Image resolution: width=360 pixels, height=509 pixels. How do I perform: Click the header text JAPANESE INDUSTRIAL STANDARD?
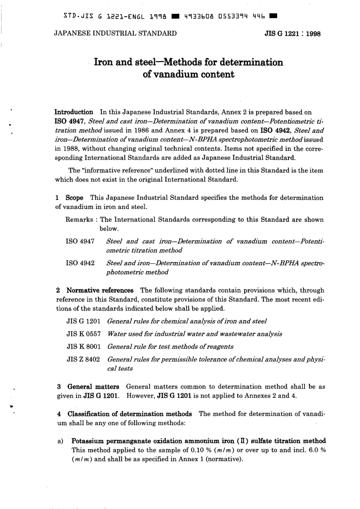click(x=116, y=33)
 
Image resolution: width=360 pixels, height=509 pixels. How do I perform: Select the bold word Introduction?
click(x=74, y=112)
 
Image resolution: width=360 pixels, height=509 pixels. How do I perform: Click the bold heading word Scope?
click(x=74, y=198)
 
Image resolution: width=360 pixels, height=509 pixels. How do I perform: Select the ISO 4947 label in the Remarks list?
click(x=80, y=241)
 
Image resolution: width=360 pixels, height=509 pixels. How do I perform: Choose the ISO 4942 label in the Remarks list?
click(x=80, y=263)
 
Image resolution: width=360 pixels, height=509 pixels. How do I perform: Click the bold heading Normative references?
click(x=100, y=291)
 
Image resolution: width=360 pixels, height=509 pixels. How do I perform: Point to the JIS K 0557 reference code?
click(x=83, y=334)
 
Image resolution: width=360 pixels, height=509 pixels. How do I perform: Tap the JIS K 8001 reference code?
click(x=83, y=346)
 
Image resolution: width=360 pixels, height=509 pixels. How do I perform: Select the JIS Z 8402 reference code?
click(x=83, y=359)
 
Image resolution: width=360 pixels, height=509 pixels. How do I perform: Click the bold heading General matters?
click(x=93, y=387)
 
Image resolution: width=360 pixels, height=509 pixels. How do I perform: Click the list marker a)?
click(x=60, y=441)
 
